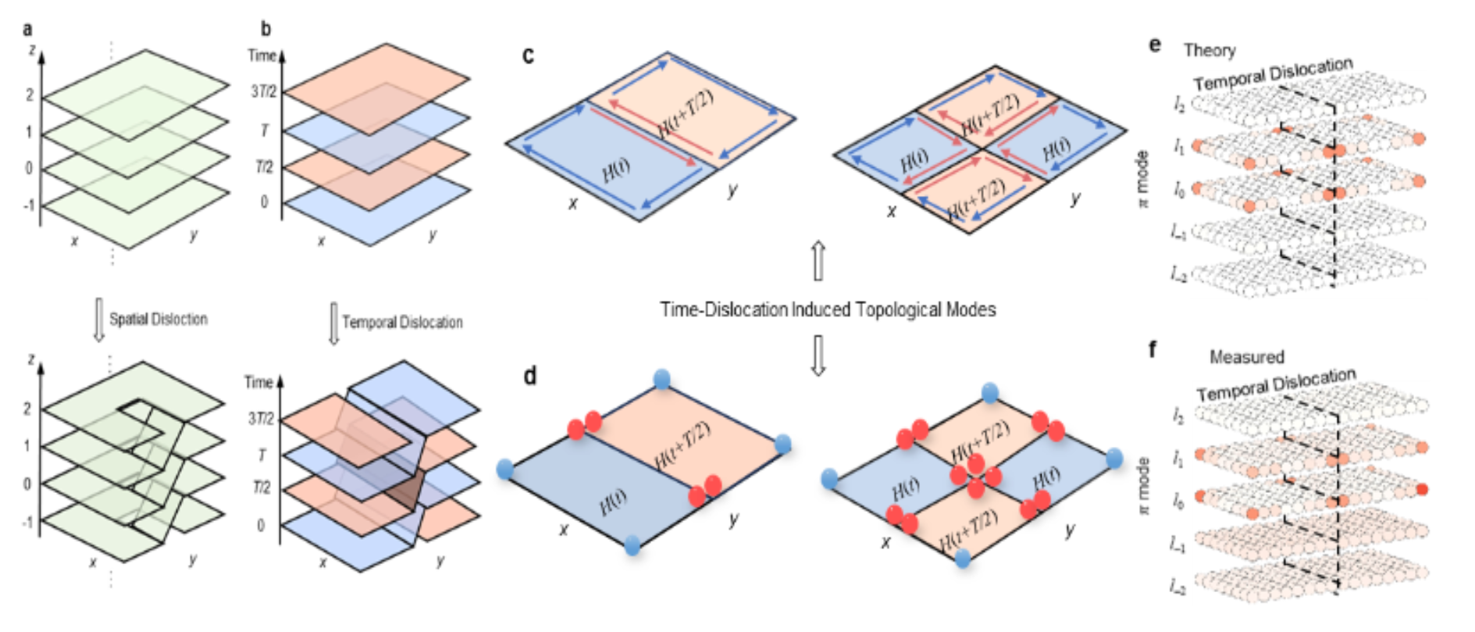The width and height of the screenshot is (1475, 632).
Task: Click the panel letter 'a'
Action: click(28, 30)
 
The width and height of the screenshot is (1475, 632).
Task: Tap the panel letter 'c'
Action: click(529, 55)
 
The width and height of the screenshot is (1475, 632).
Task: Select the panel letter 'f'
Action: click(1153, 349)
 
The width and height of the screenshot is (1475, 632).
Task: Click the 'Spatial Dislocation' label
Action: click(159, 319)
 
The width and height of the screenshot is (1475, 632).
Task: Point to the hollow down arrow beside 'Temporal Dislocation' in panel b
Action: click(333, 323)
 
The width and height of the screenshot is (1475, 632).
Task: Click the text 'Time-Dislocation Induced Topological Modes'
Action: click(828, 309)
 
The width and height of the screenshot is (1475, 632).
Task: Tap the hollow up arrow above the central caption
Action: click(818, 260)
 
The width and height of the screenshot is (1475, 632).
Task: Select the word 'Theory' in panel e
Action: click(1210, 51)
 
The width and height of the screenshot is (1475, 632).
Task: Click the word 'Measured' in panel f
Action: click(1246, 357)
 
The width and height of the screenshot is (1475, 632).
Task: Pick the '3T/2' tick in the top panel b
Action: click(263, 91)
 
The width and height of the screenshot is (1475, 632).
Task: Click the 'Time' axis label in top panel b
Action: click(262, 55)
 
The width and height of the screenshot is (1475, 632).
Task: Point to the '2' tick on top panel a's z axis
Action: click(30, 95)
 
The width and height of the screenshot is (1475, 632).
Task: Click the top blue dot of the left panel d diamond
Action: click(661, 380)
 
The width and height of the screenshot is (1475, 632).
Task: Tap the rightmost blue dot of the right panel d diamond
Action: click(1114, 457)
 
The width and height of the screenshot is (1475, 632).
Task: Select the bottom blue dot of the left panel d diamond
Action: click(632, 544)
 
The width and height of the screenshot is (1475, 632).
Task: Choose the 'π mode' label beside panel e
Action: click(1143, 179)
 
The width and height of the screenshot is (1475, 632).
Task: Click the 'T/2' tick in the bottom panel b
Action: click(262, 487)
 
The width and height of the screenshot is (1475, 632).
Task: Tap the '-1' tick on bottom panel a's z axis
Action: click(27, 521)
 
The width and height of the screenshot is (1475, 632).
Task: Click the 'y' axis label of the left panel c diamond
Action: click(732, 190)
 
